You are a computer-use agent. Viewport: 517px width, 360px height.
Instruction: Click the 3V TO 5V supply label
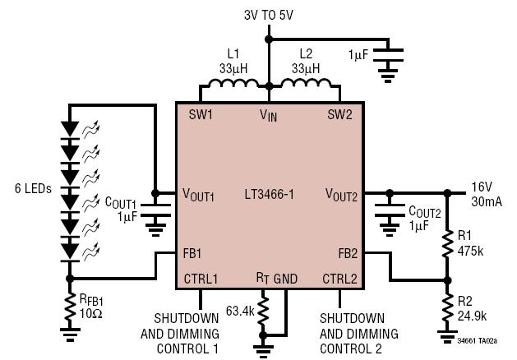click(x=269, y=15)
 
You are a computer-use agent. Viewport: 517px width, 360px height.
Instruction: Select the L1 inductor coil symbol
click(x=233, y=83)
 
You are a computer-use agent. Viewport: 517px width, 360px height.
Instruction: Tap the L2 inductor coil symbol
click(x=306, y=83)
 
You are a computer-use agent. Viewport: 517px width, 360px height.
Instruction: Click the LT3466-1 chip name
click(x=269, y=194)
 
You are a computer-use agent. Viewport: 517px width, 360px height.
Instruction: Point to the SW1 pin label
click(x=201, y=115)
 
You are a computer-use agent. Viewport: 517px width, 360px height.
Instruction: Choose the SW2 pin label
click(x=339, y=115)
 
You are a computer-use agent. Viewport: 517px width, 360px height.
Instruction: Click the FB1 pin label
click(x=192, y=253)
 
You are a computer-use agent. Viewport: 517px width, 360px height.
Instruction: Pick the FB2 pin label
click(x=348, y=253)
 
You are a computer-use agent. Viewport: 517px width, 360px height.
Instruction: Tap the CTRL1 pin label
click(x=201, y=279)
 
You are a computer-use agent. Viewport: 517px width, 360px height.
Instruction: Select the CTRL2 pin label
click(x=339, y=279)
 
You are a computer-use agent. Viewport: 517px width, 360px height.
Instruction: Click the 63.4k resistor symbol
click(x=263, y=311)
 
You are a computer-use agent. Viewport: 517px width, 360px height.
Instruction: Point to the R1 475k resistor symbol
click(x=447, y=243)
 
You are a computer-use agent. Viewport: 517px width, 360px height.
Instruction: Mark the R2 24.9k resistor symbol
click(x=447, y=307)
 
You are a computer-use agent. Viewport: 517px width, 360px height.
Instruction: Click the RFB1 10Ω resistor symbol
click(x=70, y=307)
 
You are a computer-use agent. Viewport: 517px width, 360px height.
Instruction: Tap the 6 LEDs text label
click(x=34, y=188)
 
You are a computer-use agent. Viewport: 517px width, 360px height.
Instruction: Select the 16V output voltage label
click(x=482, y=187)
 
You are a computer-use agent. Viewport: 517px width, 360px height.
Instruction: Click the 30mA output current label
click(x=487, y=201)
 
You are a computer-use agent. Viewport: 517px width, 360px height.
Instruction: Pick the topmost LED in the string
click(x=70, y=131)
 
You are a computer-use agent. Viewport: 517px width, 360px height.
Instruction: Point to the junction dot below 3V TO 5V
click(x=269, y=39)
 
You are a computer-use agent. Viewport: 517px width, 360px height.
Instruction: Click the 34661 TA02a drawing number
click(x=477, y=341)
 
